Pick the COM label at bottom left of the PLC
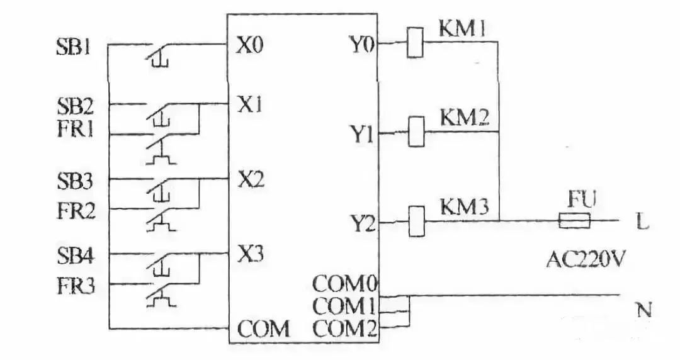(x=263, y=329)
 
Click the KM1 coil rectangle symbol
(x=415, y=43)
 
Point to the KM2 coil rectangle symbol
(x=416, y=132)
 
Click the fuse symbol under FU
(x=574, y=221)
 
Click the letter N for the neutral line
(x=643, y=310)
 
